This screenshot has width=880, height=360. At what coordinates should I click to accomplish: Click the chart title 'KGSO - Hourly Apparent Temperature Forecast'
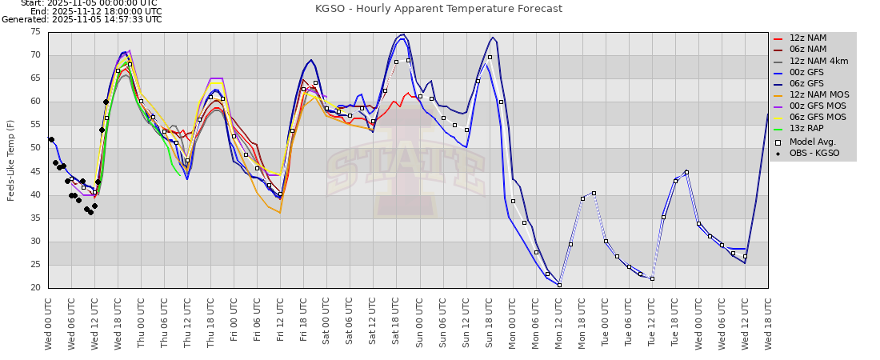[439, 9]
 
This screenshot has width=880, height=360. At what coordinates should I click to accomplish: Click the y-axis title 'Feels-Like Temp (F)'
[11, 160]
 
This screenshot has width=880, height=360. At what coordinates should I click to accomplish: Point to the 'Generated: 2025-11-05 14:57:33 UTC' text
[82, 19]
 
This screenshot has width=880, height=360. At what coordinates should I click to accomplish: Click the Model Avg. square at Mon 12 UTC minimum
[559, 285]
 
